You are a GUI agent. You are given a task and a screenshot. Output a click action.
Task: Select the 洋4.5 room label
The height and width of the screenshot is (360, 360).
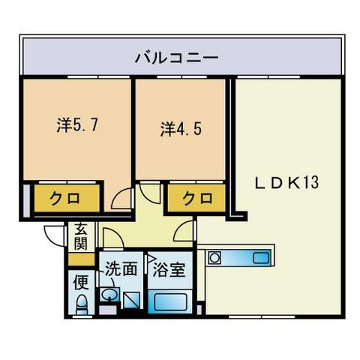[181, 128]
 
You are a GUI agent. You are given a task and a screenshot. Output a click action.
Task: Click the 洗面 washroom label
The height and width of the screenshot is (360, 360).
[120, 268]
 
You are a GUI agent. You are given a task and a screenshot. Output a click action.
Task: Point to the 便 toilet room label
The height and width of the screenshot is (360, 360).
[80, 283]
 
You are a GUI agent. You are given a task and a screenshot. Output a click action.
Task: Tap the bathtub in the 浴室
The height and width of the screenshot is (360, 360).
[171, 302]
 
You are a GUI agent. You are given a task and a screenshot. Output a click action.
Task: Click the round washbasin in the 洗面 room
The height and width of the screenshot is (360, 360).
[109, 294]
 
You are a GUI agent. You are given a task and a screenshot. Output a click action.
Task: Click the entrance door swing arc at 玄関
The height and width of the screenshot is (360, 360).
[54, 235]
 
